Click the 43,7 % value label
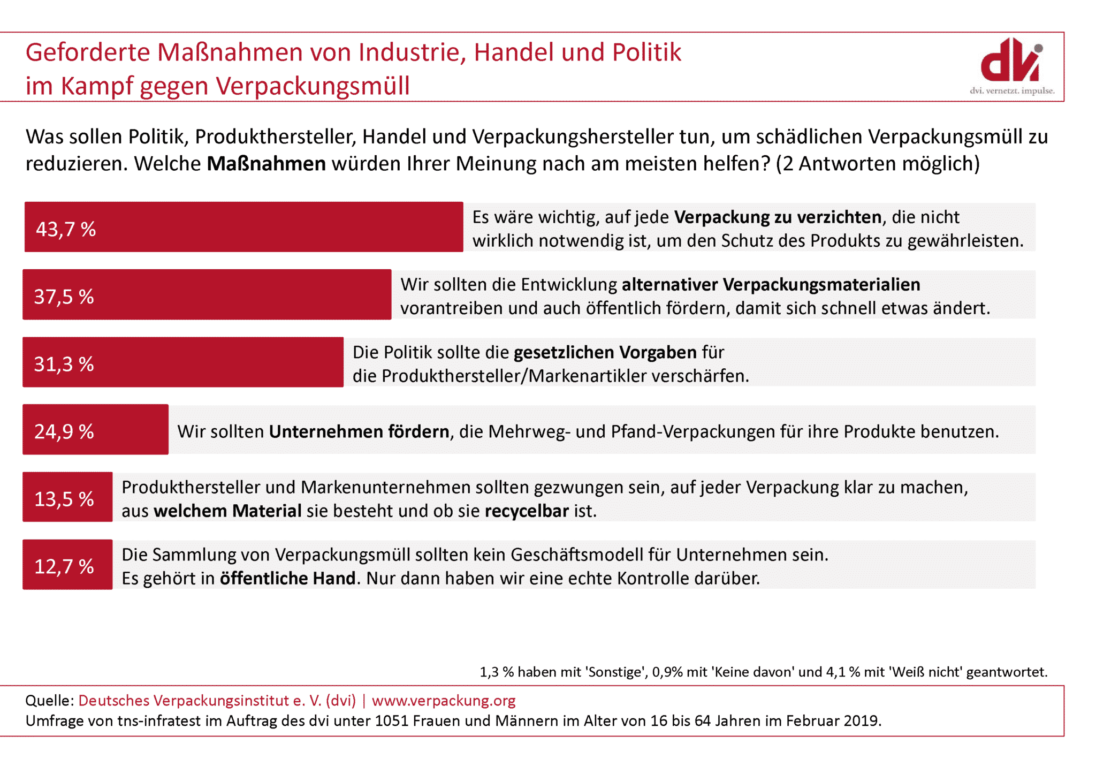tap(66, 229)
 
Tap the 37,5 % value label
tap(64, 297)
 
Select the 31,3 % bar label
tap(64, 364)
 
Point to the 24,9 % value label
tap(64, 431)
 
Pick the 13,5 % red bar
tap(67, 497)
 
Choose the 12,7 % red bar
tap(67, 565)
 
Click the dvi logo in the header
tap(1011, 60)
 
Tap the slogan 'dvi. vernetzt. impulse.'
tap(1012, 91)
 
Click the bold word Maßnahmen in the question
tap(266, 164)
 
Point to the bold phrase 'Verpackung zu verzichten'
tap(778, 217)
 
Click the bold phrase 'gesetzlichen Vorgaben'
tap(605, 353)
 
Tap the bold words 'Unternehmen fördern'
tap(359, 432)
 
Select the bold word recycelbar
tap(527, 511)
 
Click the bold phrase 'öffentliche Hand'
tap(288, 579)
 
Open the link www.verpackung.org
tap(444, 701)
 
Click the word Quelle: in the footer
tap(49, 701)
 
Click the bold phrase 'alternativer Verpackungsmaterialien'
tap(771, 285)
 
